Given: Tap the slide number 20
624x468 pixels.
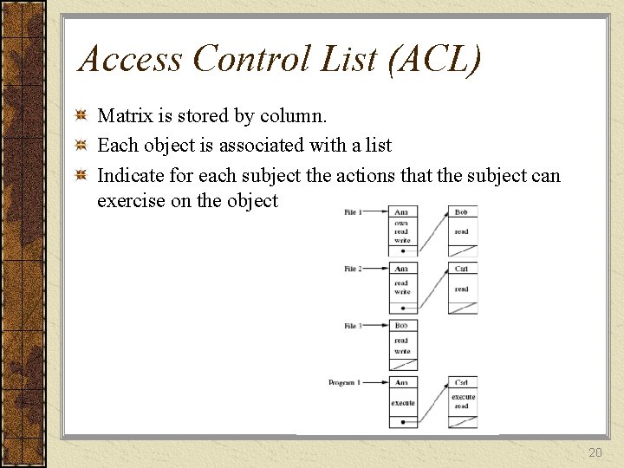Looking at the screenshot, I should (x=595, y=452).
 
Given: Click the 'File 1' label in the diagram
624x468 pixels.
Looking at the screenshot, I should (x=353, y=212).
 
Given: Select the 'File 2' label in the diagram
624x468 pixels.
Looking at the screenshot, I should (x=353, y=269).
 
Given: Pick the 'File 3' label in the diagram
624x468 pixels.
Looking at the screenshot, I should (x=353, y=326).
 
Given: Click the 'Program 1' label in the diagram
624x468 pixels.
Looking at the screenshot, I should (x=345, y=382).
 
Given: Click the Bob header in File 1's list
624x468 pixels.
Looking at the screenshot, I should (x=463, y=212).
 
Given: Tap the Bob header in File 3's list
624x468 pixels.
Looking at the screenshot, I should (x=402, y=326).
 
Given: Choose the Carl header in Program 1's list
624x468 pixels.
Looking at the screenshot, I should (x=463, y=382).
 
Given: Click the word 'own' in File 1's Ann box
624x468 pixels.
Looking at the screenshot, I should (x=402, y=224).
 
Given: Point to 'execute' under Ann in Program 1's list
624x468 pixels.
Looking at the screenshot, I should (x=402, y=403).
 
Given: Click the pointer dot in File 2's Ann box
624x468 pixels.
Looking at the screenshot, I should (x=402, y=309).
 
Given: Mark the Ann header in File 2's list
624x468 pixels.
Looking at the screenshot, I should (x=402, y=269).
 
